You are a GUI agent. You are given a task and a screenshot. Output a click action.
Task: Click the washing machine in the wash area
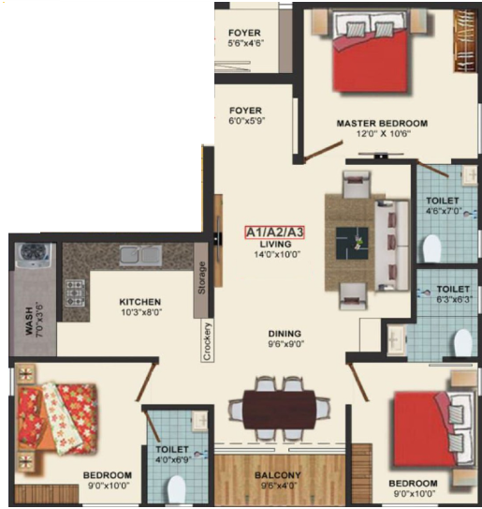pyautogui.click(x=34, y=256)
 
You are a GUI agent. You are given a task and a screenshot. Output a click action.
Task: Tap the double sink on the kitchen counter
pyautogui.click(x=140, y=255)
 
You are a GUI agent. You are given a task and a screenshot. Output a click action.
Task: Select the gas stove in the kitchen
pyautogui.click(x=75, y=292)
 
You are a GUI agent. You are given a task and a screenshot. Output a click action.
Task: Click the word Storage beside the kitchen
pyautogui.click(x=201, y=277)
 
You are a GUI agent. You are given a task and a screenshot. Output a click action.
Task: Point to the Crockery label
pyautogui.click(x=207, y=341)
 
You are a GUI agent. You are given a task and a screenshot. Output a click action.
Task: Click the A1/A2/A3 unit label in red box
pyautogui.click(x=274, y=232)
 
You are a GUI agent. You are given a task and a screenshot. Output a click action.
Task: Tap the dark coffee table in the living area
pyautogui.click(x=352, y=243)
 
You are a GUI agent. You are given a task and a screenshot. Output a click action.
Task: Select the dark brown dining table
pyautogui.click(x=280, y=410)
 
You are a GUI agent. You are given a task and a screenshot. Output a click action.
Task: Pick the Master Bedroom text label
pyautogui.click(x=382, y=124)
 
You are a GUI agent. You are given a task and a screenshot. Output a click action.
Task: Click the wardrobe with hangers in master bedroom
pyautogui.click(x=465, y=40)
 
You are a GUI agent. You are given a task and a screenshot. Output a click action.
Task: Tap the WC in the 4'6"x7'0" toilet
pyautogui.click(x=432, y=248)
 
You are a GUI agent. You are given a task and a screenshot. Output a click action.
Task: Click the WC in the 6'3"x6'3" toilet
pyautogui.click(x=463, y=343)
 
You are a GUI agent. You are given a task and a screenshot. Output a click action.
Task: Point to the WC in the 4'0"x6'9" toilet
pyautogui.click(x=176, y=490)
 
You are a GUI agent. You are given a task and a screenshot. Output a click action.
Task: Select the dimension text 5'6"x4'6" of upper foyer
pyautogui.click(x=244, y=43)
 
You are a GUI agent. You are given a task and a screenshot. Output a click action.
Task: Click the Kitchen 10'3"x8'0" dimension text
pyautogui.click(x=141, y=312)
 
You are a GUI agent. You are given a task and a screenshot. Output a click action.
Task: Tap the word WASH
pyautogui.click(x=29, y=321)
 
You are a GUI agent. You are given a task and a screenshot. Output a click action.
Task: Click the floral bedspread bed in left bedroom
pyautogui.click(x=58, y=417)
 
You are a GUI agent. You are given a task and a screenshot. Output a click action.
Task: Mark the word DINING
pyautogui.click(x=285, y=334)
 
